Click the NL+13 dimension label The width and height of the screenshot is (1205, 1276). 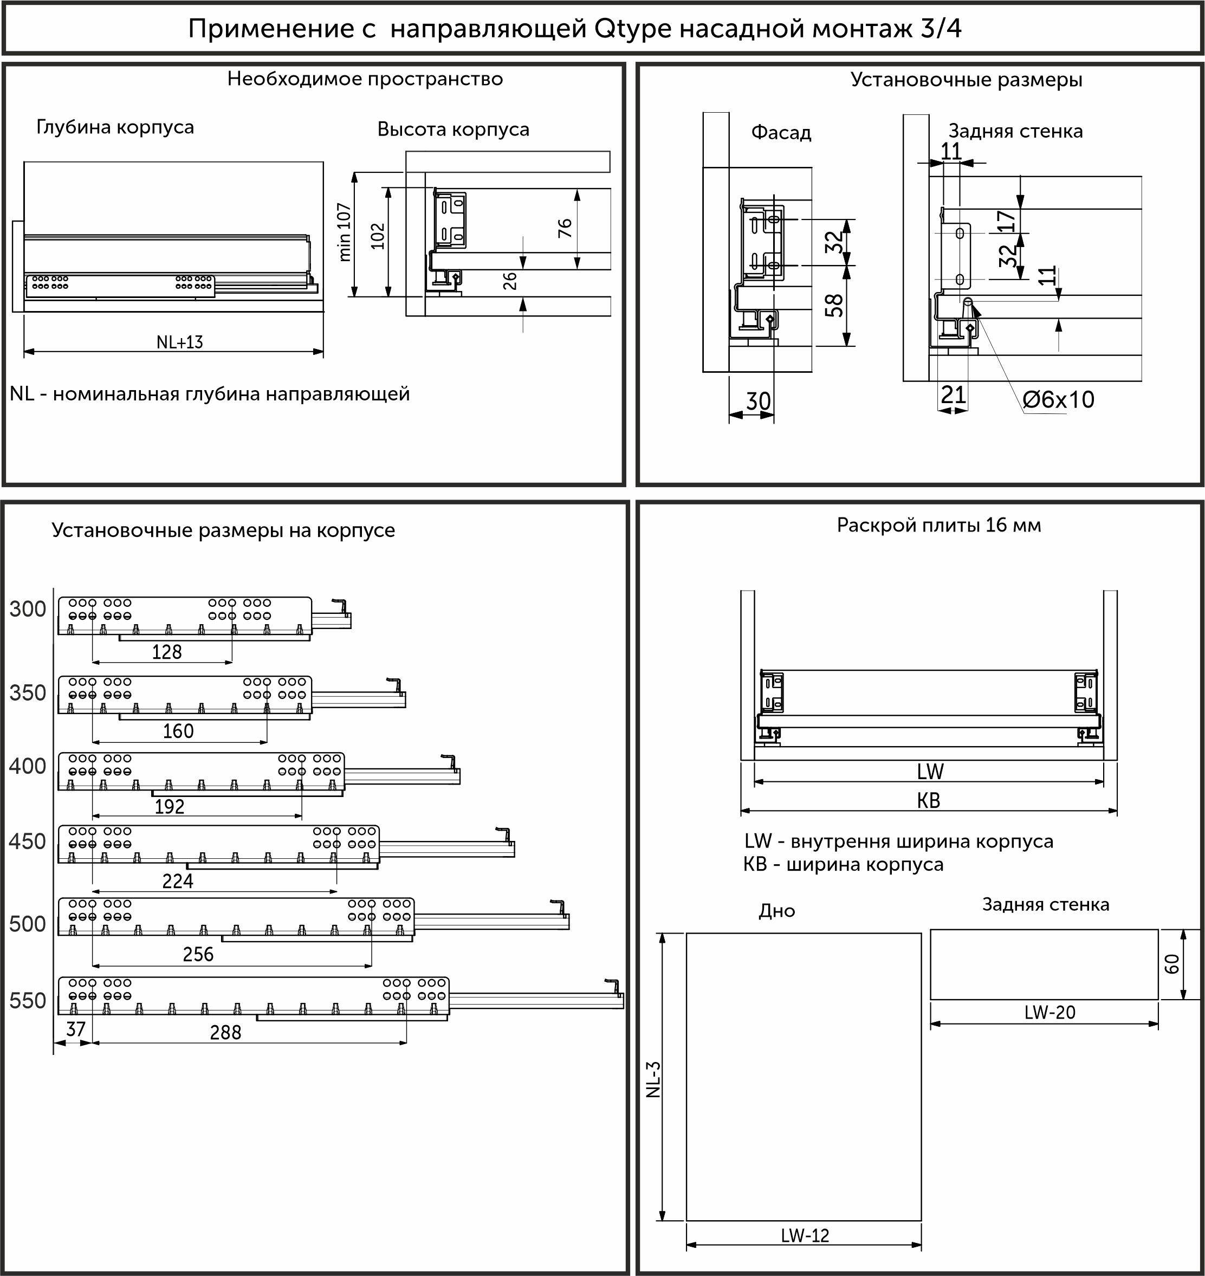tap(179, 342)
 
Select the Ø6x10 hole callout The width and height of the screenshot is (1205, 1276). tap(1058, 399)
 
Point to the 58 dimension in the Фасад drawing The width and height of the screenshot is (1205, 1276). tap(834, 306)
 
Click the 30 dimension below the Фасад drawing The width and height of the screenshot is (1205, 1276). tap(758, 401)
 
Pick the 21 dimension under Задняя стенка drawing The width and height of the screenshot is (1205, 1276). tap(953, 394)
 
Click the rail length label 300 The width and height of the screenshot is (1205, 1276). tap(28, 609)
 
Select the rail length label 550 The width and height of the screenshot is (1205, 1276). tap(28, 1001)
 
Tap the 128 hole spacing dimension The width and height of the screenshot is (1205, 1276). tap(166, 652)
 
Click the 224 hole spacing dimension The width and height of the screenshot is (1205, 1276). tap(177, 881)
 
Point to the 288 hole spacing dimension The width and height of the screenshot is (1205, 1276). tap(225, 1032)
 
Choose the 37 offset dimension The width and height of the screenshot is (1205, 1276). tap(76, 1029)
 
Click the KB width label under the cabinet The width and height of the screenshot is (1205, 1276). tap(928, 800)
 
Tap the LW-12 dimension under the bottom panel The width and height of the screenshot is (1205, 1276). tap(805, 1235)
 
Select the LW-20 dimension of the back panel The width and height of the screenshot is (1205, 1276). tap(1049, 1012)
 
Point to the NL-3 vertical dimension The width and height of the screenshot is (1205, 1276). tap(652, 1079)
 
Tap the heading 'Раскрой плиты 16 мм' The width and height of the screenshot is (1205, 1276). tap(938, 525)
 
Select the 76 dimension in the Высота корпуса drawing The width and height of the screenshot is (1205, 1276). tap(565, 228)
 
